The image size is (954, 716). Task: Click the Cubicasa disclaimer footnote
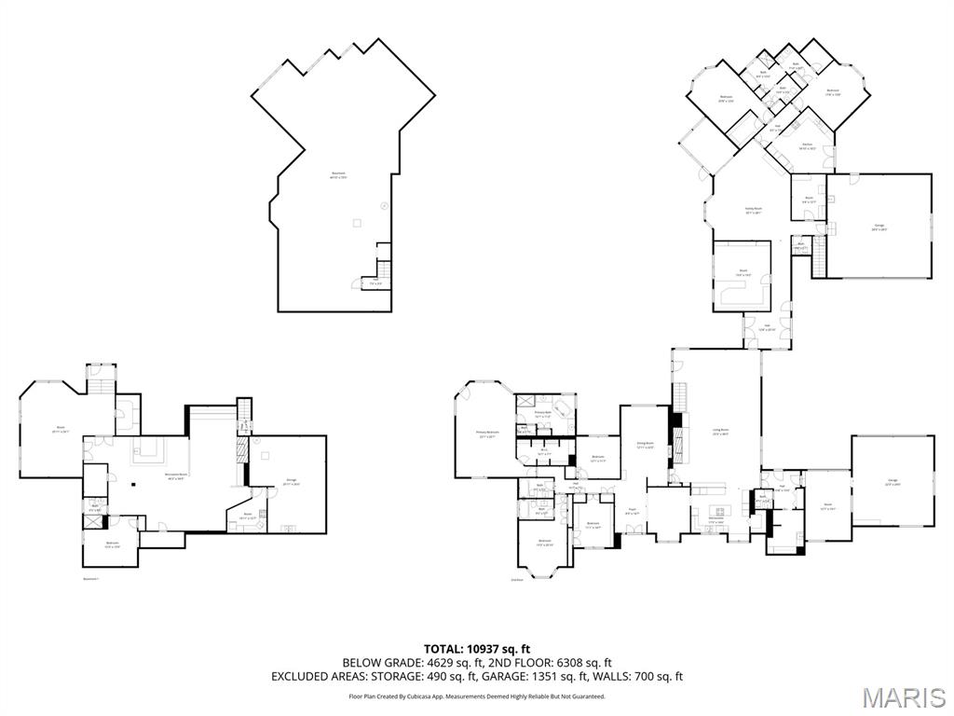(477, 696)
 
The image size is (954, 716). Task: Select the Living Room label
(719, 431)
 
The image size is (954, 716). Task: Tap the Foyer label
(631, 510)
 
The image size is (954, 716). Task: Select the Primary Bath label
(544, 414)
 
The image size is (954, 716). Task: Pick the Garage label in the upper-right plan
(878, 227)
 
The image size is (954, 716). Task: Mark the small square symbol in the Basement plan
(355, 222)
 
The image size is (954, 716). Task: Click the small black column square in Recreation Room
(133, 483)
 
